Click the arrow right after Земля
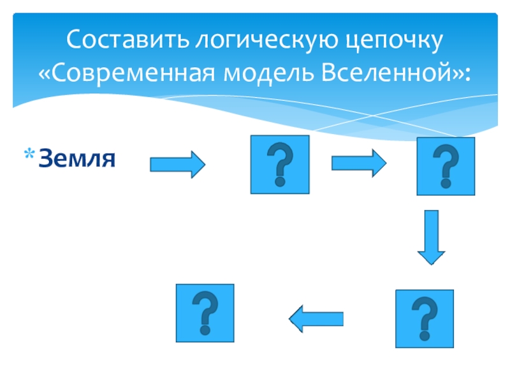click(177, 165)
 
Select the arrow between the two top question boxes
click(358, 164)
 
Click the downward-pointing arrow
click(432, 237)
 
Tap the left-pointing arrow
click(317, 317)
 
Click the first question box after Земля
click(280, 164)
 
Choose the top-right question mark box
click(446, 166)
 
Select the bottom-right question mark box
click(424, 319)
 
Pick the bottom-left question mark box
click(205, 313)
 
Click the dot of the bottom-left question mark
click(205, 330)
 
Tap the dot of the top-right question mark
click(446, 183)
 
